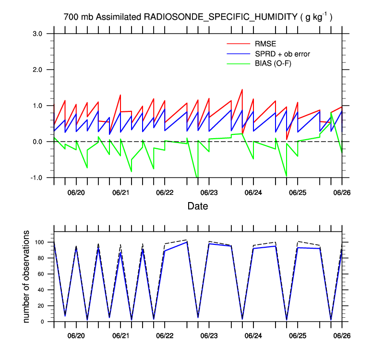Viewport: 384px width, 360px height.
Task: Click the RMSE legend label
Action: tap(262, 45)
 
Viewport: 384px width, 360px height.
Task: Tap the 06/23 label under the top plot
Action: tap(209, 192)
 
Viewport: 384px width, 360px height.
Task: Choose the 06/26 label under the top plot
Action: tap(342, 192)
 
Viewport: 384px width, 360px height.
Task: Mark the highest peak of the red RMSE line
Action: tap(242, 90)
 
